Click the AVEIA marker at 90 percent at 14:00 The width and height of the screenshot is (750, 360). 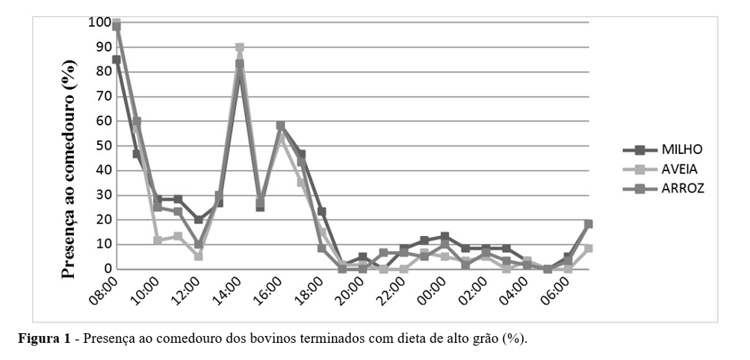[x=240, y=47]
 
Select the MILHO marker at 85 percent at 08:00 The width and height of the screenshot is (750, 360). [x=117, y=60]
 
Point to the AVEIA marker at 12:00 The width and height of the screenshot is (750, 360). [x=199, y=256]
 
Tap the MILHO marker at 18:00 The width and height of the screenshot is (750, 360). [x=322, y=211]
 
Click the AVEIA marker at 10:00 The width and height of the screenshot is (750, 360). [x=158, y=240]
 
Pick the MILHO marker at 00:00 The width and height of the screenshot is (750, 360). [x=445, y=237]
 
